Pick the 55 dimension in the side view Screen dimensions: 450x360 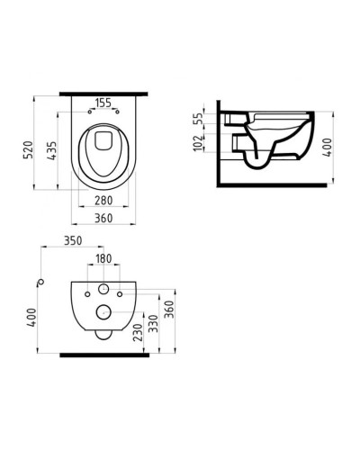197,119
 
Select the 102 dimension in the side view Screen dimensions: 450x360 197,144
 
